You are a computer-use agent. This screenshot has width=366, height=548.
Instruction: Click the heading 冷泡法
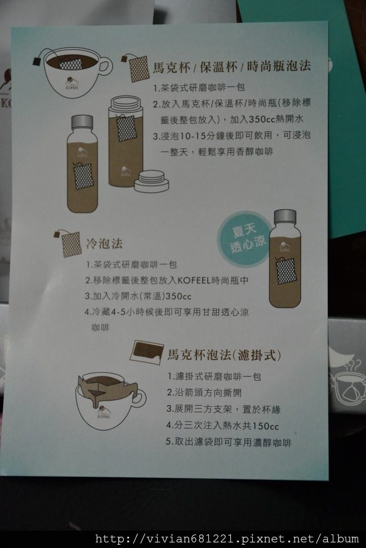[104, 243]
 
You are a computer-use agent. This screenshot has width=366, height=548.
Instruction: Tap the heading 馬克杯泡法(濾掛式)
[224, 355]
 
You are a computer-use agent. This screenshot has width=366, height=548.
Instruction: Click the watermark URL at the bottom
[227, 539]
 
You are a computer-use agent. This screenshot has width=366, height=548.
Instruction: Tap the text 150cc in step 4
[265, 426]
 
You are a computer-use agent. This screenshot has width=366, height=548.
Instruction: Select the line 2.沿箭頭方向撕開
[204, 392]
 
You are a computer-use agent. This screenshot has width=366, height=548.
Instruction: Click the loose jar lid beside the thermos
[151, 181]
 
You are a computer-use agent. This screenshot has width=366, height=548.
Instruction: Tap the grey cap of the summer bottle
[285, 216]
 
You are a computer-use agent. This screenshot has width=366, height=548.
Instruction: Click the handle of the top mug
[105, 66]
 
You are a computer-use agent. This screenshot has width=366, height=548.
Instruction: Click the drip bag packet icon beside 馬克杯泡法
[146, 352]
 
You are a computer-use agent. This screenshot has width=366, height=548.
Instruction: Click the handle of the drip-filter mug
[139, 398]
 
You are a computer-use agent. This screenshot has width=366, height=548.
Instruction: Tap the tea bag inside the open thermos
[126, 128]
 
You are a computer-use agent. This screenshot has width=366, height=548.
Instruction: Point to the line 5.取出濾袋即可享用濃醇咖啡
[229, 442]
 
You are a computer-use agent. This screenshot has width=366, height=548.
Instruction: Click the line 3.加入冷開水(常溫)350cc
[138, 296]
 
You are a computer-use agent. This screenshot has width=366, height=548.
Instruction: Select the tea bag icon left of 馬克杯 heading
[136, 67]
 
